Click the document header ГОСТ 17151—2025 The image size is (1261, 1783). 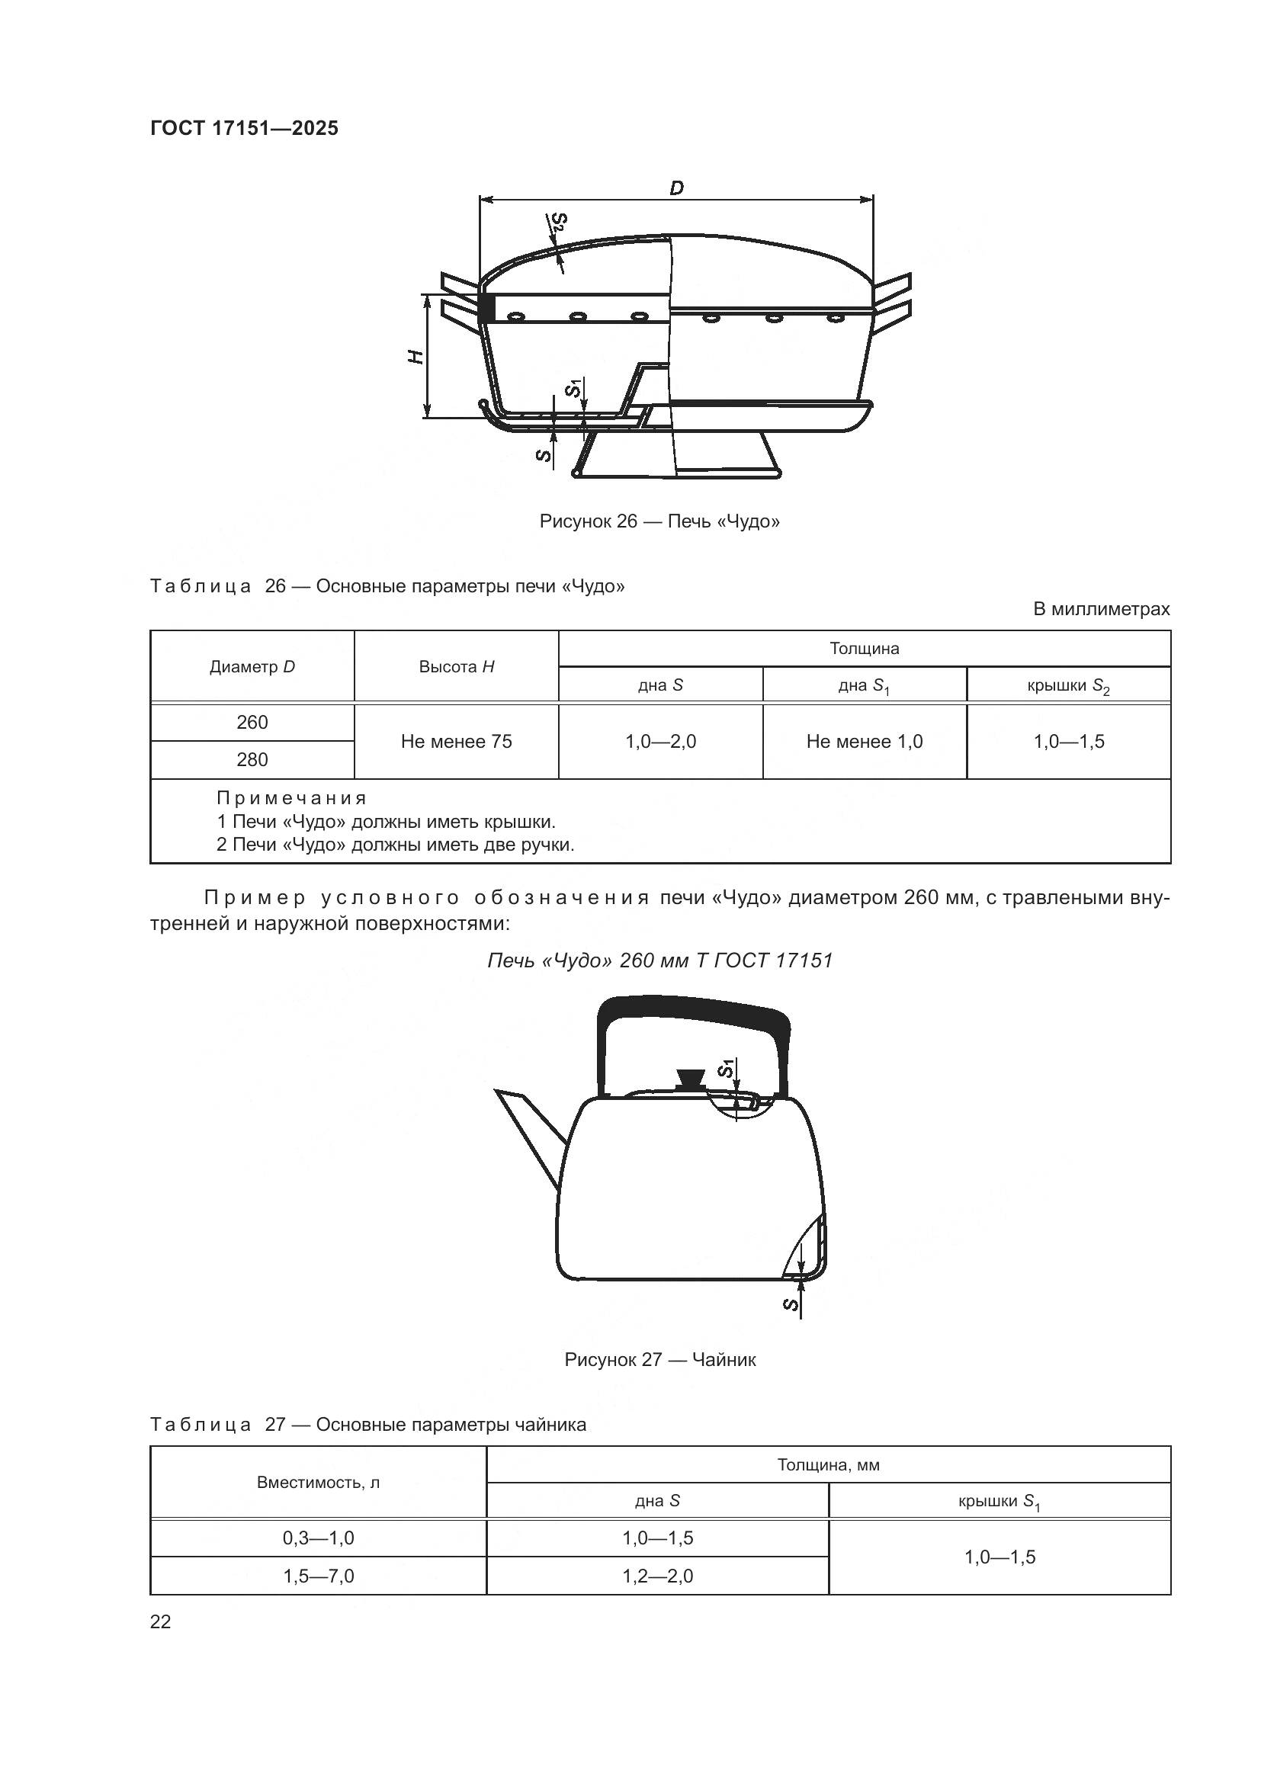244,128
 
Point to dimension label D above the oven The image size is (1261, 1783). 676,188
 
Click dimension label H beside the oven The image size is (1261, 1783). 416,357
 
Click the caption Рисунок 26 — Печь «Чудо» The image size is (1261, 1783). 659,521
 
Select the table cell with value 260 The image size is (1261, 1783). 252,722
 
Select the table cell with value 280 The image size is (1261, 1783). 252,759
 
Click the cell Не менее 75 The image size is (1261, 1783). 457,741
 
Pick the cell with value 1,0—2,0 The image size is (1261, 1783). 661,741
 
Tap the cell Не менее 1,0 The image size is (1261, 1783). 865,741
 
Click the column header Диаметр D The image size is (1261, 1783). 252,666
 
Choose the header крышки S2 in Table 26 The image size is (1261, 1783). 1068,685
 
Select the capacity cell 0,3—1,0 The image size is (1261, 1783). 319,1538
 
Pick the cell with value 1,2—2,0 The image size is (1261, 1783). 658,1576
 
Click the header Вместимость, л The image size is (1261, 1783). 319,1483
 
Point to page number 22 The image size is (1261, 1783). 161,1621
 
